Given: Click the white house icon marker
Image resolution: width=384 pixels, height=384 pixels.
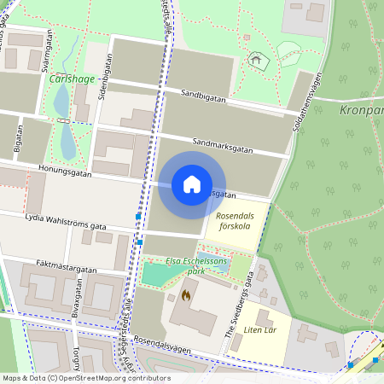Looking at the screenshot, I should click(192, 184).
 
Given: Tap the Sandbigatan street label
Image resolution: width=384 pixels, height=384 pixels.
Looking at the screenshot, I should click(203, 98).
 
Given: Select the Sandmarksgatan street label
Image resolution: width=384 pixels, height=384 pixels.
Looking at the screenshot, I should click(223, 145).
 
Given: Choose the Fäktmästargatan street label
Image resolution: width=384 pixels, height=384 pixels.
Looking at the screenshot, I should click(67, 268).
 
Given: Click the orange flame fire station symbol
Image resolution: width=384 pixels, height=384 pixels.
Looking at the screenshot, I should click(185, 295).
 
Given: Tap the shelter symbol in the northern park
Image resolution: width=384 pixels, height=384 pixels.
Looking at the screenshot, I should click(253, 60).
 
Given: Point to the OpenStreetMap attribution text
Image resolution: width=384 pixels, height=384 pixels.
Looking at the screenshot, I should click(86, 378).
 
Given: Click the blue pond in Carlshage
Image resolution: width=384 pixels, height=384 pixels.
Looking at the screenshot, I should click(61, 102).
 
